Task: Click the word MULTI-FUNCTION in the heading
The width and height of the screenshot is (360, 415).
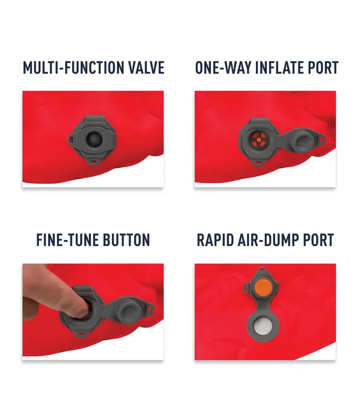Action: (x=74, y=68)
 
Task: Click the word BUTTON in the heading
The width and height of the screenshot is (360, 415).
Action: (x=126, y=240)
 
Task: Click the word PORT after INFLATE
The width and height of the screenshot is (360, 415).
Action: (x=323, y=68)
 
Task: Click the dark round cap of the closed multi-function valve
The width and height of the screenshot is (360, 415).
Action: (x=94, y=139)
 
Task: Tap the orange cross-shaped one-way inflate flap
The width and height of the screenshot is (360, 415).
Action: (x=259, y=139)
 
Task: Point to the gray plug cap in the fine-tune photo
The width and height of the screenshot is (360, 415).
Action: (x=128, y=308)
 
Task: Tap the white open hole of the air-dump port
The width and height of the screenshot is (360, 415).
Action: (x=262, y=326)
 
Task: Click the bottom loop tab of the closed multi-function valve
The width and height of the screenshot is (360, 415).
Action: (x=92, y=161)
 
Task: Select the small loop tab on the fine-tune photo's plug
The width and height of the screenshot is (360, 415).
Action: (x=151, y=308)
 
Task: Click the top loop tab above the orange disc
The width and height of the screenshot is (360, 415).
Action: (x=262, y=270)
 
